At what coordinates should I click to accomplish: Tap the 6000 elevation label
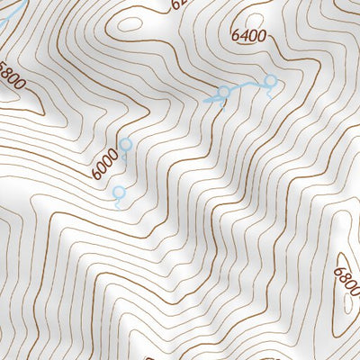click(x=104, y=161)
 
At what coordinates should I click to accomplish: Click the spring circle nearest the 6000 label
click(x=125, y=144)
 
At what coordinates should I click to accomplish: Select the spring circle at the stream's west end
click(x=224, y=92)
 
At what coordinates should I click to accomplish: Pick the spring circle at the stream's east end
click(x=268, y=83)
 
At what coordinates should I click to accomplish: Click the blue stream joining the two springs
click(x=245, y=88)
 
